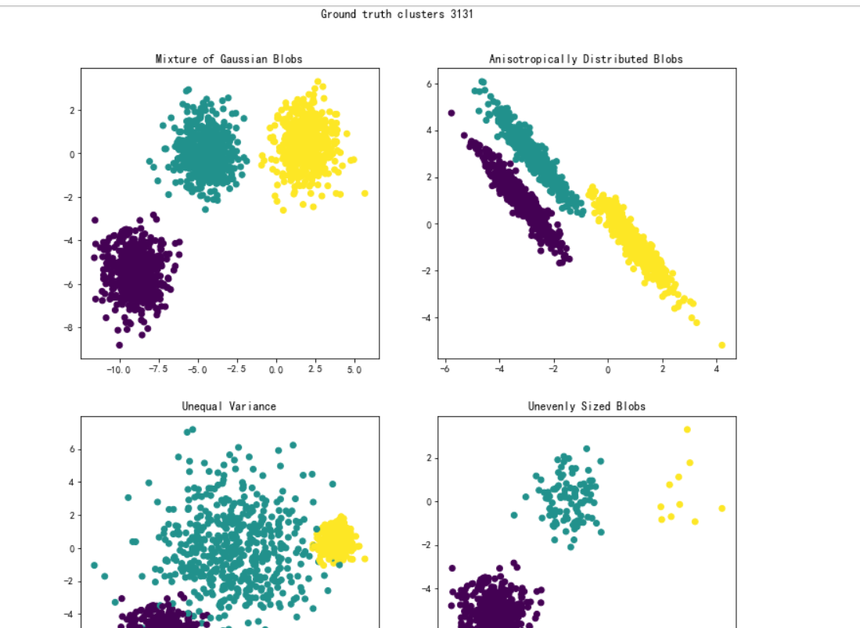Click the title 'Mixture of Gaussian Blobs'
tap(228, 59)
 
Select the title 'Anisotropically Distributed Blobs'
tap(585, 59)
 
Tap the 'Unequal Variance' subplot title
tap(228, 406)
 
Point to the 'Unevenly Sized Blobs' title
tap(586, 406)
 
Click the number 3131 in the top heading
tap(462, 14)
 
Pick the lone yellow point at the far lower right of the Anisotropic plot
tap(721, 345)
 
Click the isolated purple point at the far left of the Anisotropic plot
tap(452, 113)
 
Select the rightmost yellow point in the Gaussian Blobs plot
tap(365, 193)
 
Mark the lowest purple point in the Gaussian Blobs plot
tap(119, 345)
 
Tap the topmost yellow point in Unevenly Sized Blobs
tap(687, 429)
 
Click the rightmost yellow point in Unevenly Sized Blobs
tap(721, 508)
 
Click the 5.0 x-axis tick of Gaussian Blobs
tap(354, 370)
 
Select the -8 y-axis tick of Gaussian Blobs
tap(69, 328)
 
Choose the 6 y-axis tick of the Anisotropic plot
tap(429, 84)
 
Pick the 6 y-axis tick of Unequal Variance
tap(70, 449)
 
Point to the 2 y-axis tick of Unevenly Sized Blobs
tap(427, 458)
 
